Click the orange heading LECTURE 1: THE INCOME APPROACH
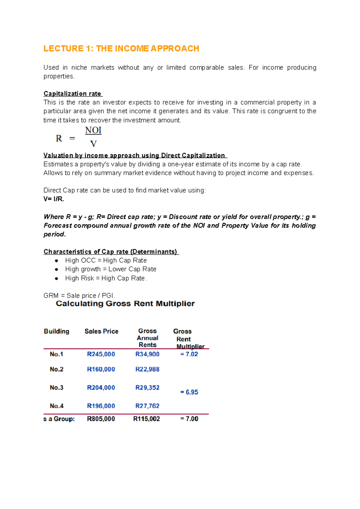coord(121,49)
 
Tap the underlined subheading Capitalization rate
coord(72,94)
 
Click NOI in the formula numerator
coord(93,130)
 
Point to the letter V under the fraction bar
coord(93,144)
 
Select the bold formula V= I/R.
coord(54,199)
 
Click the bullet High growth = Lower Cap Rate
coord(111,269)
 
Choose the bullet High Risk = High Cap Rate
coord(106,278)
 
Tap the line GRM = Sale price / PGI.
coord(79,296)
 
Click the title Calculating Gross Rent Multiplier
coord(125,304)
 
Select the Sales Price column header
coord(101,331)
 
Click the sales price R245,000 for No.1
coord(101,354)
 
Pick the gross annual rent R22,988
coord(147,369)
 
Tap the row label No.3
coord(56,388)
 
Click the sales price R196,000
coord(101,406)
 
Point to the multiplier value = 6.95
coord(189,392)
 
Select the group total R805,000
coord(101,419)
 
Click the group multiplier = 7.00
coord(189,419)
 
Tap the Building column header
coord(56,331)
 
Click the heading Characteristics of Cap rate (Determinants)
coord(110,252)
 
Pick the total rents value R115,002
coord(146,419)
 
